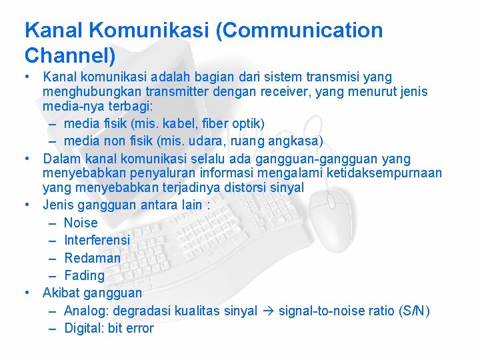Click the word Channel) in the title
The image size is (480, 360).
(x=70, y=53)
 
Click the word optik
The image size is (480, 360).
(x=246, y=123)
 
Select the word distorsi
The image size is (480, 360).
(x=244, y=188)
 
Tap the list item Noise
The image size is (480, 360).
(x=81, y=223)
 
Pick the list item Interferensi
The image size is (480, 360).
(x=97, y=240)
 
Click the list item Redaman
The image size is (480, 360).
(x=93, y=258)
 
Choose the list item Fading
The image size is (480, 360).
(x=85, y=275)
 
